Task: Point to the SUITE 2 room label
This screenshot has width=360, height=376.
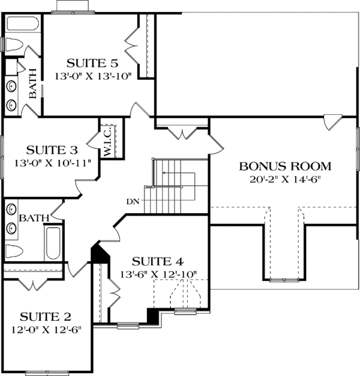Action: (x=46, y=316)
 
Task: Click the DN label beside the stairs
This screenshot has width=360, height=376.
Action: (x=133, y=201)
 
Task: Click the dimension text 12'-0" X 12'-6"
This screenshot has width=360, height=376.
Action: (x=46, y=329)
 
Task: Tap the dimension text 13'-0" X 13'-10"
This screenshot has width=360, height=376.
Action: (x=91, y=76)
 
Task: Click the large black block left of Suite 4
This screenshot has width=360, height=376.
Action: (x=99, y=252)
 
